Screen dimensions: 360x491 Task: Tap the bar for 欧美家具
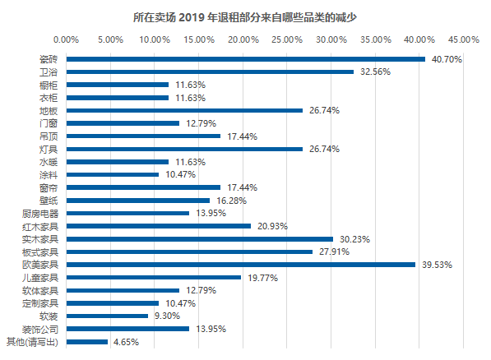tap(240, 265)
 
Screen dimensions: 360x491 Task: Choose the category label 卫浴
tap(49, 72)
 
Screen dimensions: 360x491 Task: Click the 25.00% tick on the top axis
tap(286, 39)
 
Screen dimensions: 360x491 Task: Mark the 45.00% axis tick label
tap(464, 39)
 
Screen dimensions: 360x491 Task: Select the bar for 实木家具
tap(199, 239)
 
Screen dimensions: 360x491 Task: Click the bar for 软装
tap(107, 316)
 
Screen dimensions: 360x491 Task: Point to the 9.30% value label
tap(169, 316)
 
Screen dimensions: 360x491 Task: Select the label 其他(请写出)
tap(33, 342)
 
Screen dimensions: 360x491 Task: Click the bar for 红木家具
tap(158, 226)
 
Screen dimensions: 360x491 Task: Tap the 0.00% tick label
tap(66, 39)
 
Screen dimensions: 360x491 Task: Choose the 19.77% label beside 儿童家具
tap(262, 278)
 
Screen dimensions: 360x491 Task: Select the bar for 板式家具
tap(189, 252)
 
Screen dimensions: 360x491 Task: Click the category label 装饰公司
tap(39, 329)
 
